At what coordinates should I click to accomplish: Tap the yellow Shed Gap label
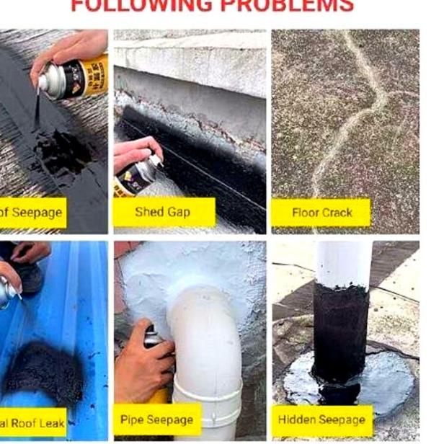[x=164, y=212]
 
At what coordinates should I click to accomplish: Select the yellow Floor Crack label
[x=321, y=213]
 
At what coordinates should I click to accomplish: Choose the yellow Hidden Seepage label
[x=322, y=419]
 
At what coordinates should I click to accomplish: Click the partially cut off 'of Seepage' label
[x=32, y=213]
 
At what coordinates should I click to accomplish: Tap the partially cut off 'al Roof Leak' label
[x=32, y=422]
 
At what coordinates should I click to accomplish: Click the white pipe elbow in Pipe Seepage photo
[x=202, y=339]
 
